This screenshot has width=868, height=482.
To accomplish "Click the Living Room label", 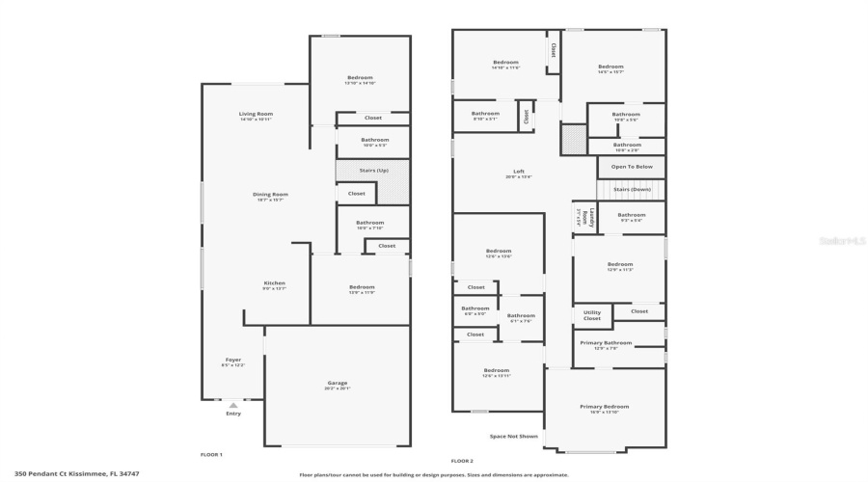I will click(256, 114).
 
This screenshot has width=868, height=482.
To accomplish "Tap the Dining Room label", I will click(270, 194).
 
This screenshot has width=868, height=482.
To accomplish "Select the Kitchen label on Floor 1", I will click(275, 283).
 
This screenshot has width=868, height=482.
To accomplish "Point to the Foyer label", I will click(232, 360).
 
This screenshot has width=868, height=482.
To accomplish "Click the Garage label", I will click(337, 383).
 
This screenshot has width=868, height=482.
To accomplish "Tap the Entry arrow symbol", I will click(232, 406).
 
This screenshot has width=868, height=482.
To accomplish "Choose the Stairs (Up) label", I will click(374, 170).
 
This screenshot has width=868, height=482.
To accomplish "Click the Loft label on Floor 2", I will click(519, 172).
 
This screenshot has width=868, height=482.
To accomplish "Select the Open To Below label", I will click(632, 167).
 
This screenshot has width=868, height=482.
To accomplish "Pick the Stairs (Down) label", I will click(632, 189).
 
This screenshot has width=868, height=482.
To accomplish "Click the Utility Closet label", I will click(591, 314).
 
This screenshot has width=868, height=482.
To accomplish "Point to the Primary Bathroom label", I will click(606, 343).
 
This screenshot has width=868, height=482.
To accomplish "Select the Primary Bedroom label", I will click(605, 407).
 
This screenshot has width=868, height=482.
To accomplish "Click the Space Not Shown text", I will click(513, 436).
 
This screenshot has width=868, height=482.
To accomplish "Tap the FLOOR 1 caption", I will click(211, 454).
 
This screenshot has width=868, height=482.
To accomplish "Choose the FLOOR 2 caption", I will click(462, 461).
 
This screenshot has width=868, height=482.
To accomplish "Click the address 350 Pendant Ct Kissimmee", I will click(76, 473).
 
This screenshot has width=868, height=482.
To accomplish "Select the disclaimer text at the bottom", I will click(433, 474).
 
